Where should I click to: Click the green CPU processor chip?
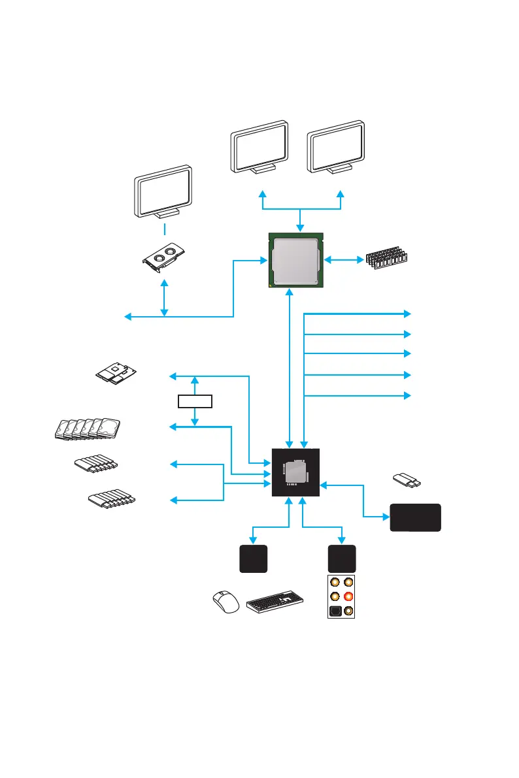click(x=295, y=260)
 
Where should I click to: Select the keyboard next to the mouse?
click(x=275, y=601)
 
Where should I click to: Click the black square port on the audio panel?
click(x=335, y=611)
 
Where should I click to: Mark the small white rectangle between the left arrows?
click(x=195, y=400)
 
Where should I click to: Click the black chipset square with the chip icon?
click(x=295, y=472)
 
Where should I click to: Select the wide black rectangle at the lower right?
click(x=415, y=517)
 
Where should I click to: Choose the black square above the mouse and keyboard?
click(x=253, y=559)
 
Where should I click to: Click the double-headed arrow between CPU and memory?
click(x=344, y=260)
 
